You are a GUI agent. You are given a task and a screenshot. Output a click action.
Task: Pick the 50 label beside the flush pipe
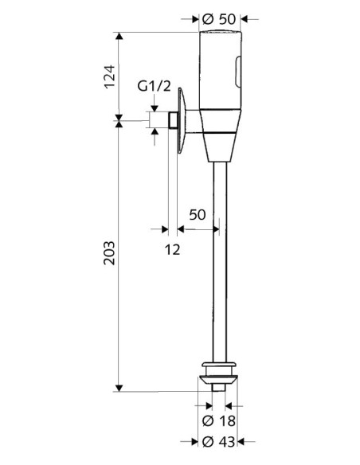(197, 214)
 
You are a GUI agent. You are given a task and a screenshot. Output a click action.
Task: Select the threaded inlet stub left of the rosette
(171, 120)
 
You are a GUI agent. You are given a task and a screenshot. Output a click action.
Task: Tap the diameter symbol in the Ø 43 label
(207, 441)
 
